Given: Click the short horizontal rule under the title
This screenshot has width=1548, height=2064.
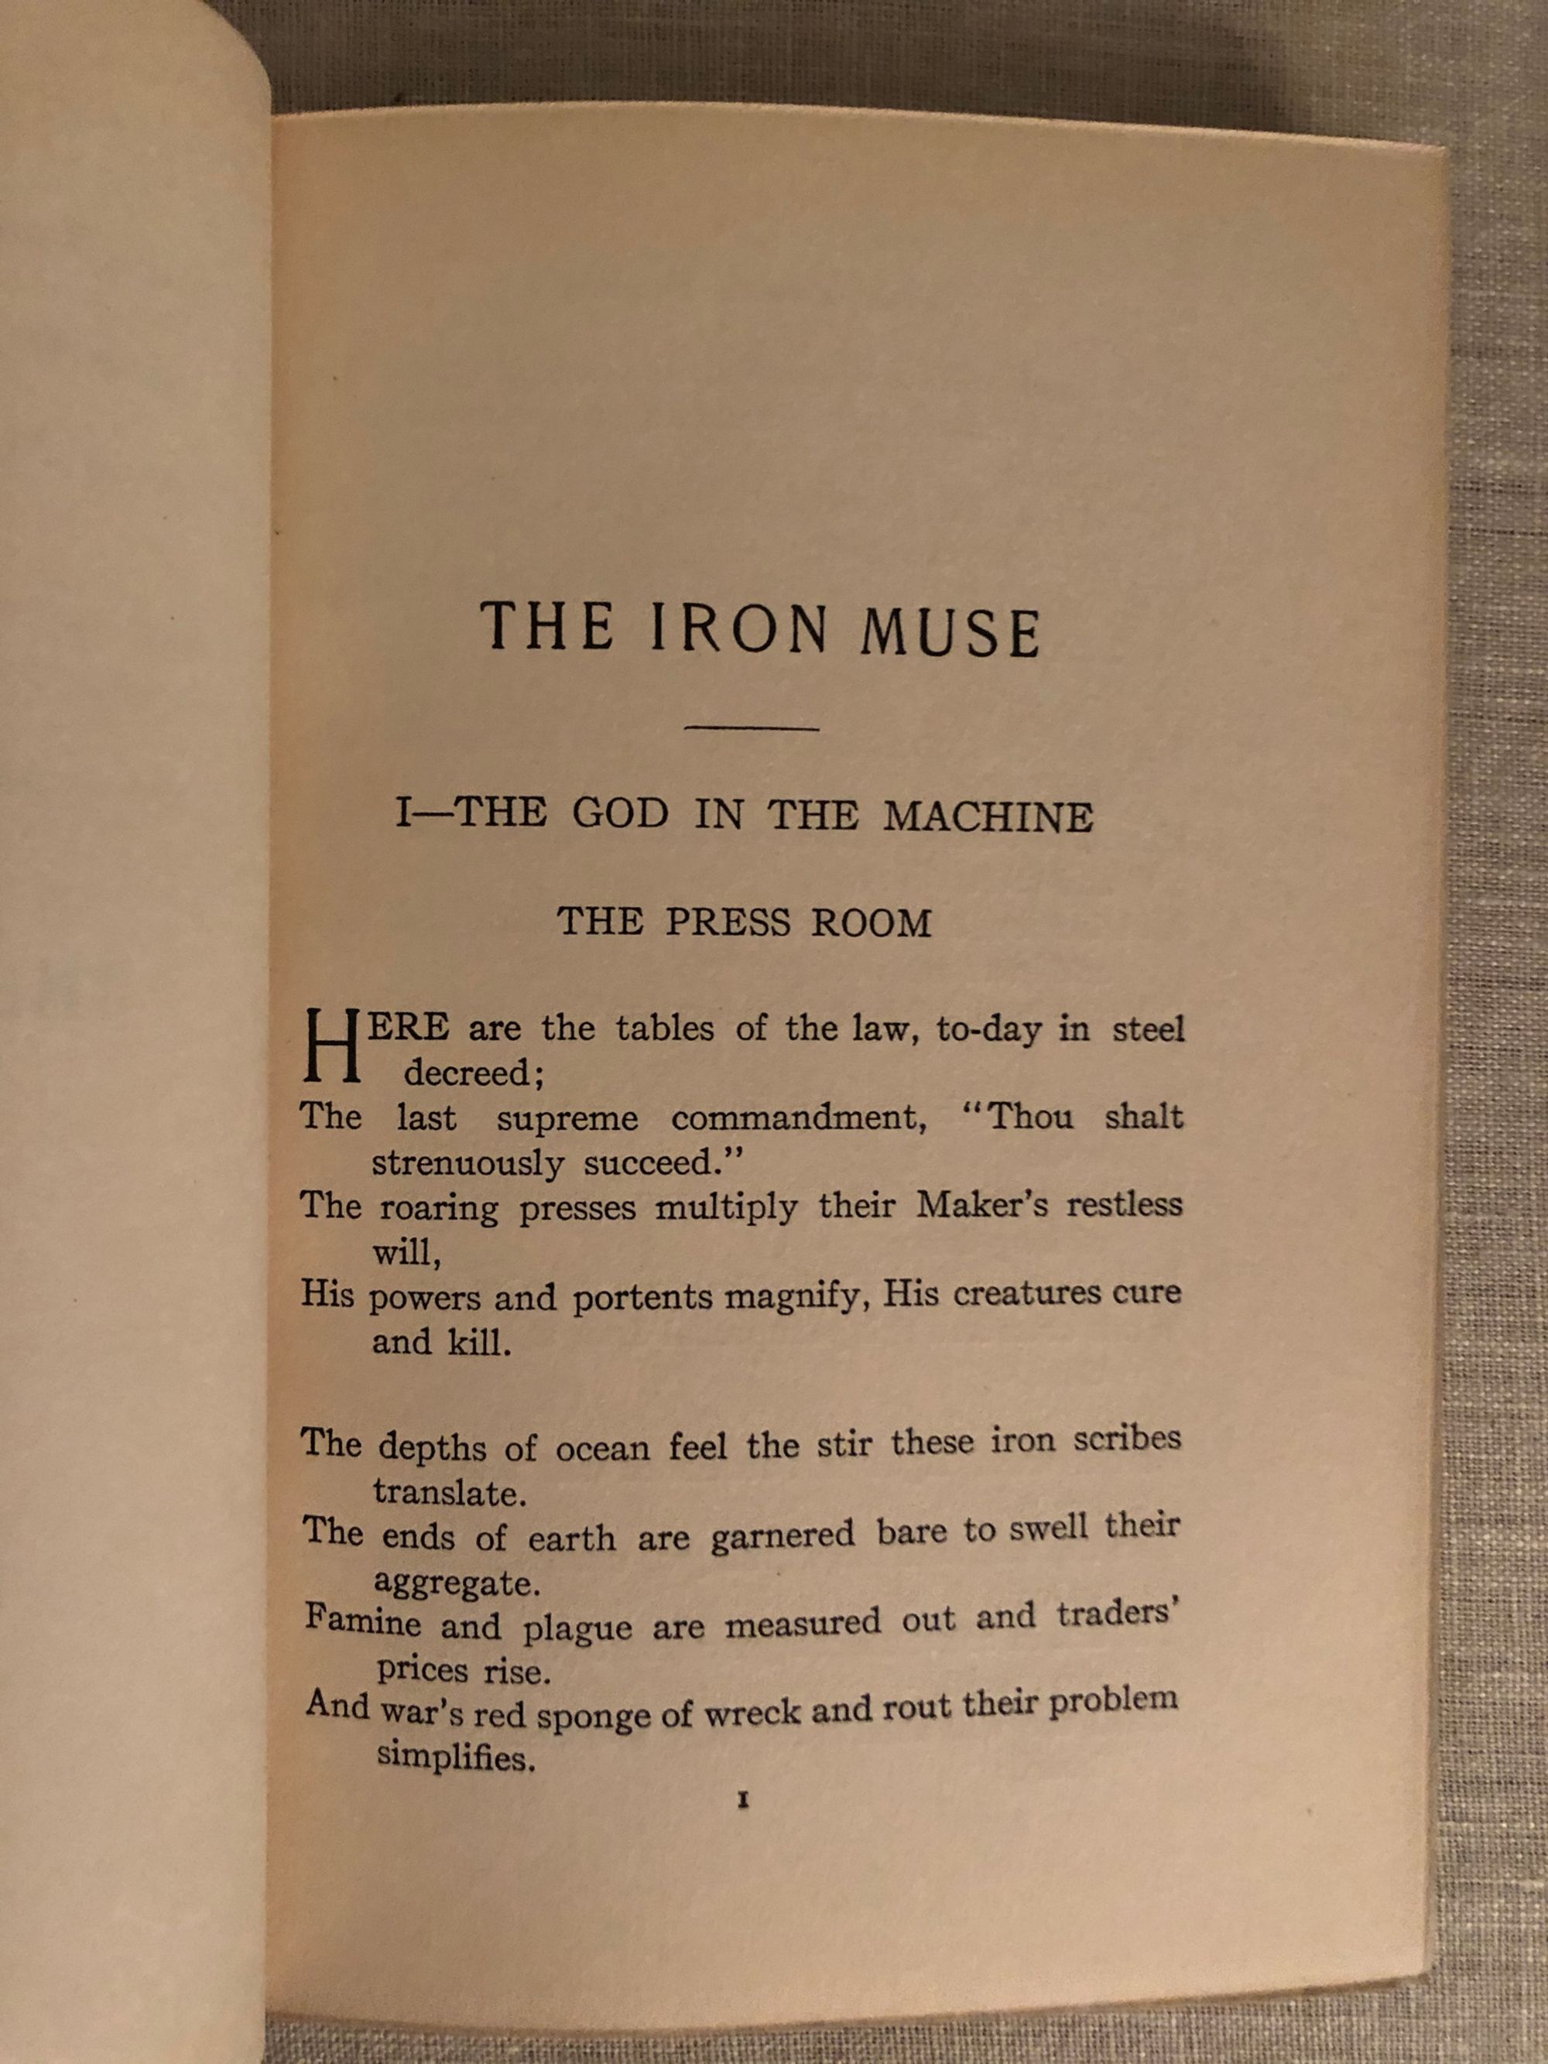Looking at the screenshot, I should click(751, 729).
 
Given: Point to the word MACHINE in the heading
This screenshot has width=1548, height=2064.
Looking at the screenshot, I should click(988, 817).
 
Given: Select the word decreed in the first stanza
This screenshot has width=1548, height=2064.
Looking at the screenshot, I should click(473, 1074).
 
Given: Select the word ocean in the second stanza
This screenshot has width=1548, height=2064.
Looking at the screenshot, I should click(603, 1449).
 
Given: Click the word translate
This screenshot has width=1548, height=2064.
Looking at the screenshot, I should click(450, 1493).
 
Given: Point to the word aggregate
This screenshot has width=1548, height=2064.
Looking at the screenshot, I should click(457, 1583).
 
